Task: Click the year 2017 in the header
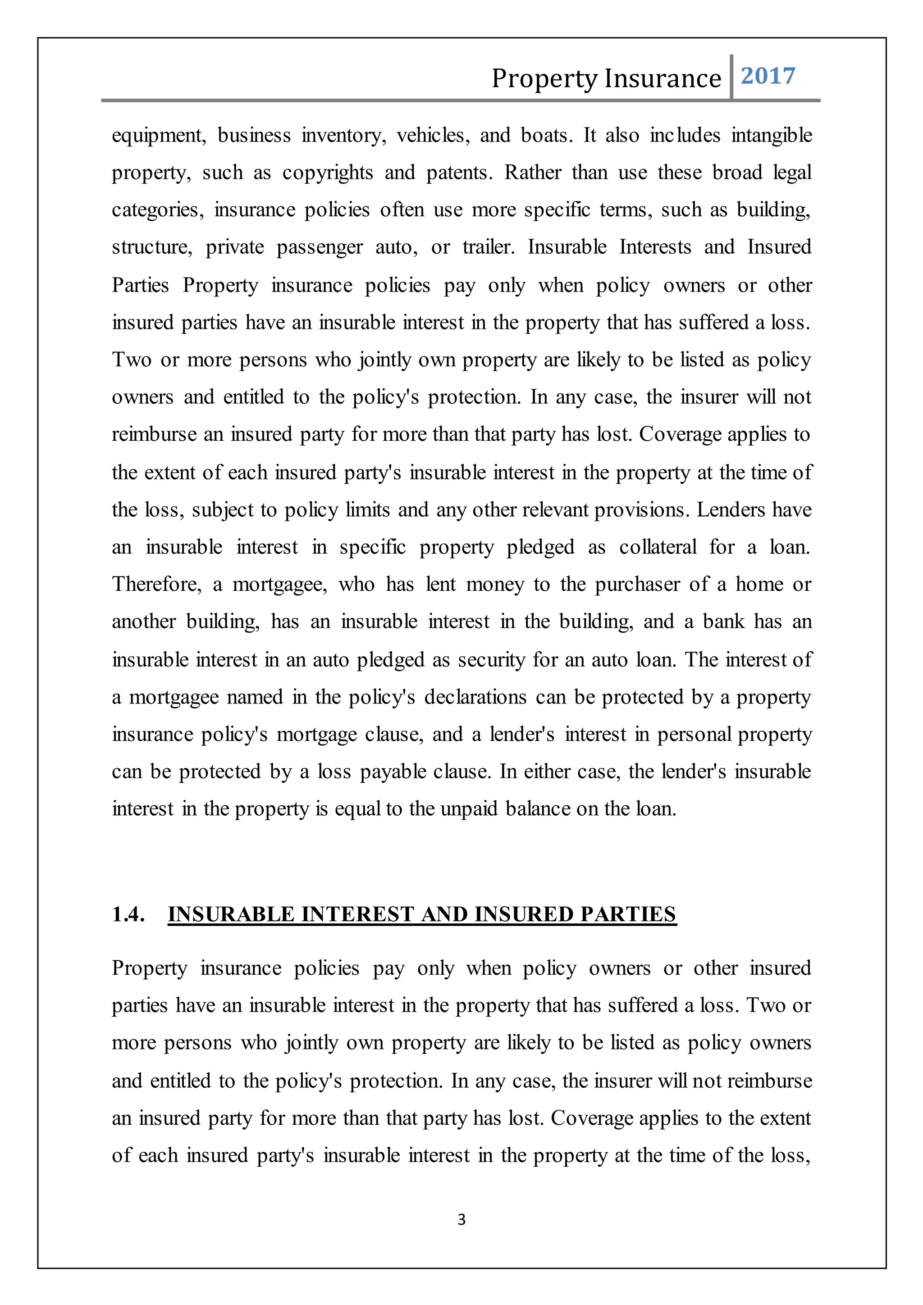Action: (x=768, y=76)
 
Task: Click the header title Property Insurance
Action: (x=606, y=78)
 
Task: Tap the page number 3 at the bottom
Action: (x=461, y=1219)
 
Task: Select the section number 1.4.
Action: (x=128, y=914)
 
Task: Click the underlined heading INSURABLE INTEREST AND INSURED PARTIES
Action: (x=422, y=914)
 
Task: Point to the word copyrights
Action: (x=327, y=173)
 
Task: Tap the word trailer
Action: (x=488, y=247)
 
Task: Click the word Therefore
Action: (x=156, y=584)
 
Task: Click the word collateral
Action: (x=658, y=548)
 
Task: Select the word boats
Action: (x=547, y=136)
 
